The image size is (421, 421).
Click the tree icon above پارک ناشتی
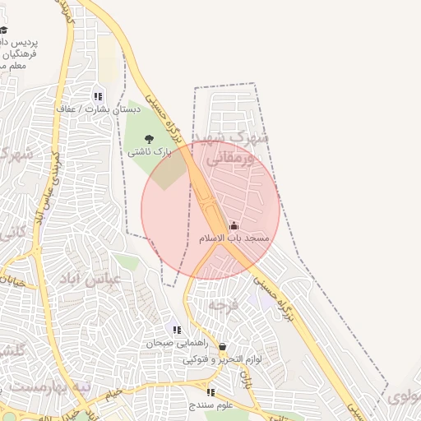coord(149,139)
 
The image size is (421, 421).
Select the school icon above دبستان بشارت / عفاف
coord(98,96)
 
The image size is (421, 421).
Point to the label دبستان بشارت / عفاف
coord(99,109)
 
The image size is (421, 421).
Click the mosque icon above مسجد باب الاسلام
coord(234,225)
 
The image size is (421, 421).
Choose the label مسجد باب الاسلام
coord(234,238)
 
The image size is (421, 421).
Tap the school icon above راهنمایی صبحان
coord(177,330)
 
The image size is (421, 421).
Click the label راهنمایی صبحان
coord(173,343)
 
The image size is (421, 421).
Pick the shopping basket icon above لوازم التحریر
coord(222,348)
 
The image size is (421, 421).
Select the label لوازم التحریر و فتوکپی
coord(213,360)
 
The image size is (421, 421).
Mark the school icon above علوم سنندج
coord(210,392)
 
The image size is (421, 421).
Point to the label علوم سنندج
coord(211,405)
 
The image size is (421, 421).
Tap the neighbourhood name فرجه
coord(223,305)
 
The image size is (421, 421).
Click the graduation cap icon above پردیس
coord(26,30)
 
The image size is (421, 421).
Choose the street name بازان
coord(245,379)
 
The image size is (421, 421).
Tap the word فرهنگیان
coord(19,52)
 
